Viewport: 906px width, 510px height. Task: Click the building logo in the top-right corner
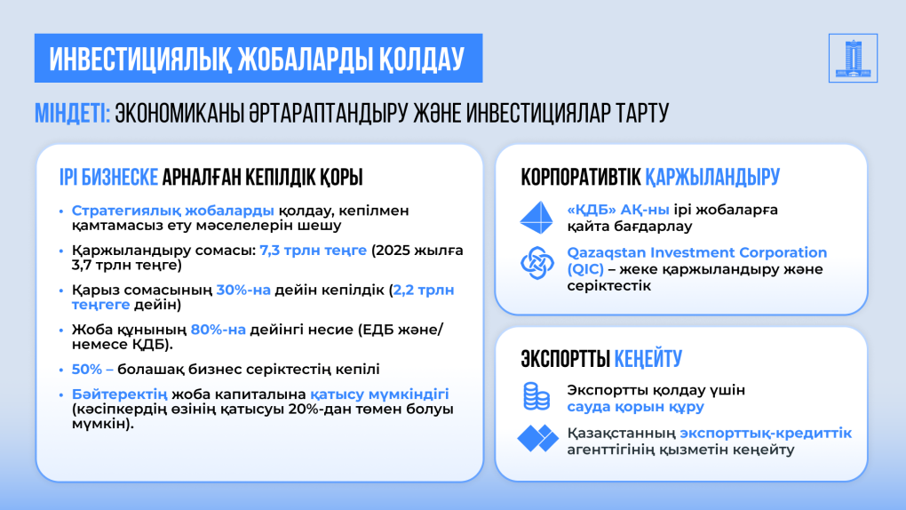(x=853, y=58)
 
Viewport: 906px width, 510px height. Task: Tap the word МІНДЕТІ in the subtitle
(x=72, y=114)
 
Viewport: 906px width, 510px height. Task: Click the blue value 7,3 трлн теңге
(x=314, y=251)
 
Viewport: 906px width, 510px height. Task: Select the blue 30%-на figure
(x=243, y=290)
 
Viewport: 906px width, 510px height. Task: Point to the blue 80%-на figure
(x=219, y=330)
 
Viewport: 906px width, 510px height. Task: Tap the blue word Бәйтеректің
(x=120, y=394)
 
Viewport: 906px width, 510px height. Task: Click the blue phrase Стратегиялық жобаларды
(x=173, y=211)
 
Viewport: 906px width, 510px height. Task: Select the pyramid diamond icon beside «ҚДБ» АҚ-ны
(x=536, y=218)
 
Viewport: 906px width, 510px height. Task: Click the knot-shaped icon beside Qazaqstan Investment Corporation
(x=536, y=263)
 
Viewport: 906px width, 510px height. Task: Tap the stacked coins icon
(x=536, y=396)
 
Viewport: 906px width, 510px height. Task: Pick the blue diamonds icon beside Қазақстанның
(x=537, y=438)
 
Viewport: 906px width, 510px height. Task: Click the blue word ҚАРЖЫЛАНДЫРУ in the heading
(x=712, y=177)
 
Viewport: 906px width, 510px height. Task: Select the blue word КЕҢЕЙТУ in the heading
(x=648, y=358)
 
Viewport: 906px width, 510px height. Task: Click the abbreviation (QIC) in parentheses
(x=585, y=269)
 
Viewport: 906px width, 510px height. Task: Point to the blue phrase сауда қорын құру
(x=636, y=407)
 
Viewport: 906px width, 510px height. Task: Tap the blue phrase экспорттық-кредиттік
(x=766, y=433)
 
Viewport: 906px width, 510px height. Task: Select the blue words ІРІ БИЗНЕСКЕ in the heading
(x=108, y=177)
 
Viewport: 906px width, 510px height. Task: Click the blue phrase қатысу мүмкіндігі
(x=379, y=394)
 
